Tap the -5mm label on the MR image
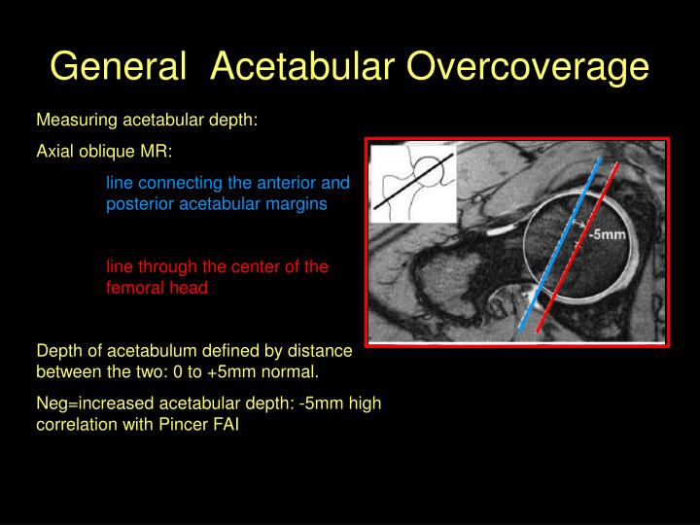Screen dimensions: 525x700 [606, 233]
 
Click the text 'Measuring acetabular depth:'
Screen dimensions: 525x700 [146, 121]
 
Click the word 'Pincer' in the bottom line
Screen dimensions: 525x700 [184, 425]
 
